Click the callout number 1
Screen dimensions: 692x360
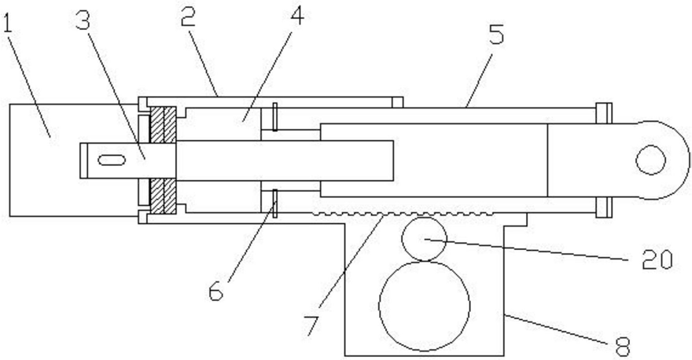tap(8, 24)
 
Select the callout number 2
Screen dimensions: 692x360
tap(189, 17)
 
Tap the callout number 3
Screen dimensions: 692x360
tap(83, 19)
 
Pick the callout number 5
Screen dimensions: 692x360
tap(496, 34)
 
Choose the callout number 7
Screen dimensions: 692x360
tap(312, 325)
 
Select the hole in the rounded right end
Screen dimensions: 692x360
tap(650, 160)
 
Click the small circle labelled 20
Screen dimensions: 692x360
tap(424, 239)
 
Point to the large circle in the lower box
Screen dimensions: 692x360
tap(424, 307)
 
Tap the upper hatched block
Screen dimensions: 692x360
tap(164, 124)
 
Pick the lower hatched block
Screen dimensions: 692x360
tap(164, 197)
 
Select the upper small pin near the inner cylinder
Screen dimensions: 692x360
tap(275, 116)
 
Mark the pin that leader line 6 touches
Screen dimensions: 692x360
tap(275, 204)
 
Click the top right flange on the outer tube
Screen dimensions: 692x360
tap(604, 113)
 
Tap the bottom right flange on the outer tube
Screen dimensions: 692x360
tap(604, 207)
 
